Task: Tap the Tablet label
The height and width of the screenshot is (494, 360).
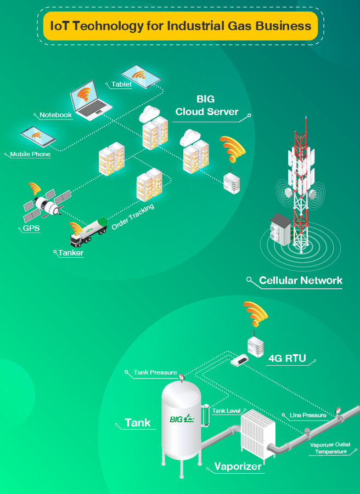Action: pos(122,84)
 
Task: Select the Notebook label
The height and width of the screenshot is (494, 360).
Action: pos(55,115)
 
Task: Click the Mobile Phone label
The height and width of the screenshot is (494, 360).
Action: pos(30,154)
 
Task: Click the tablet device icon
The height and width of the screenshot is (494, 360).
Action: pos(140,76)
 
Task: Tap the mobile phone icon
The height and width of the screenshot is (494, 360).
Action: pos(37,137)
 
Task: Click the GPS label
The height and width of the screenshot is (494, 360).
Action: pos(31,228)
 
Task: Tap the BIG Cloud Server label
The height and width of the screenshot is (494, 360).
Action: pos(206,106)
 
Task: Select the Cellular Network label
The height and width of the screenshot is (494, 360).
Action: pos(300,281)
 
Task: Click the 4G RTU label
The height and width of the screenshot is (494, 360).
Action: pos(287,360)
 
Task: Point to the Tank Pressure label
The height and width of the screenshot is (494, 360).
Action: pos(155,372)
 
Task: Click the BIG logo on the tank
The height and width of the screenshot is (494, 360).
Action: pos(182,419)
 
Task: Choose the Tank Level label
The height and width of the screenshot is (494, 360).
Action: pos(226,411)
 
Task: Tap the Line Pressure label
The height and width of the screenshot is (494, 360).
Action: pos(308,415)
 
